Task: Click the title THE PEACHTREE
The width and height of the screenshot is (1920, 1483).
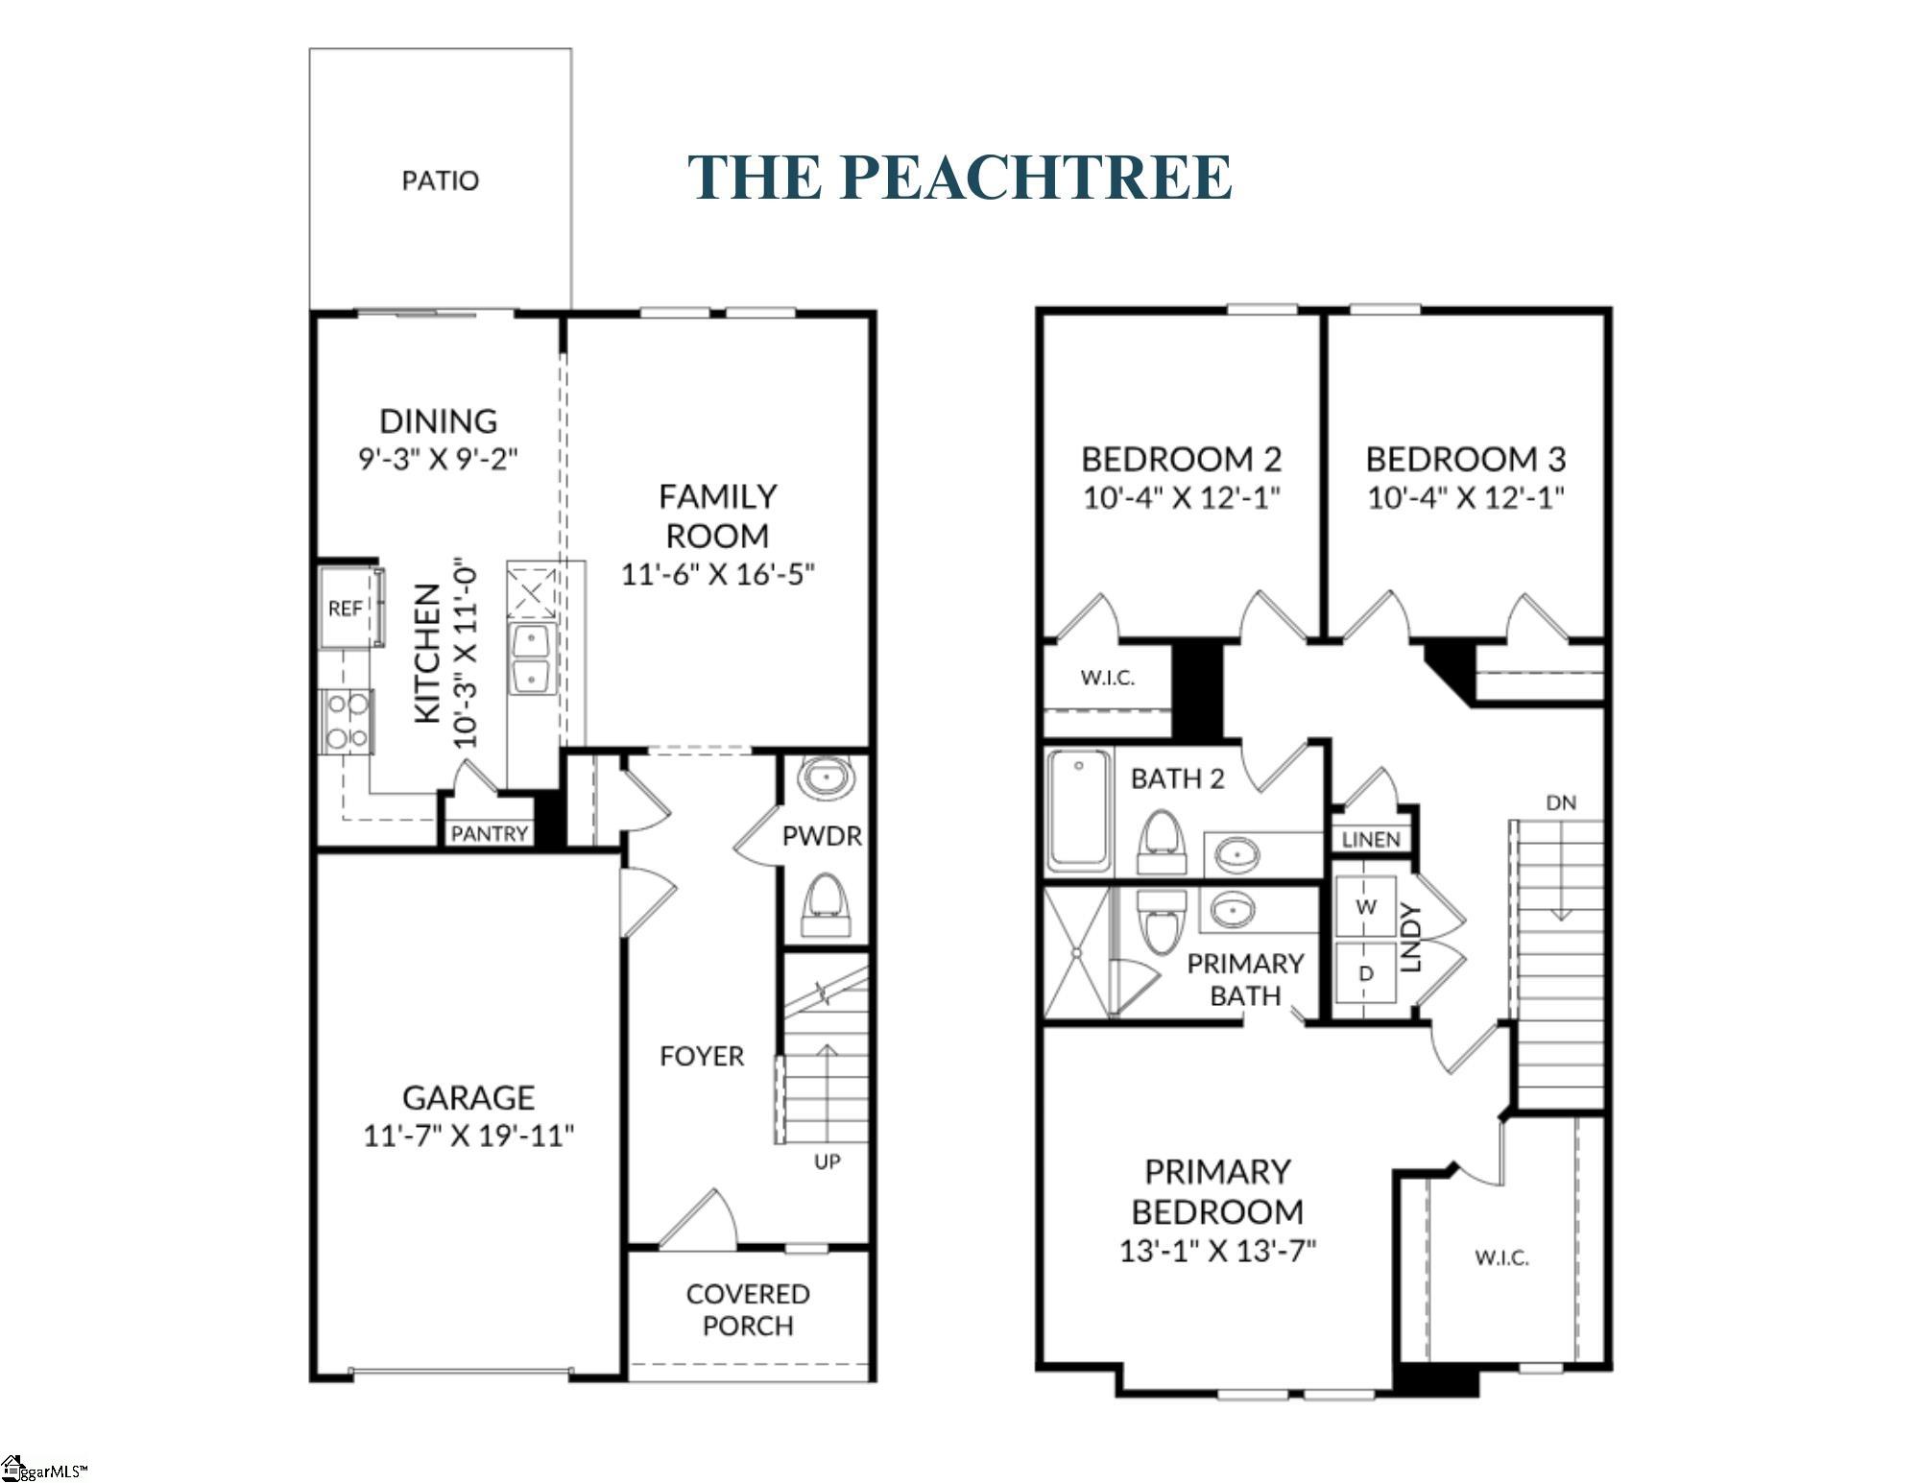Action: point(960,177)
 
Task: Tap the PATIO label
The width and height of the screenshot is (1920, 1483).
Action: point(440,180)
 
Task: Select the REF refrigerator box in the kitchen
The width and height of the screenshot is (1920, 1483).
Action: point(351,608)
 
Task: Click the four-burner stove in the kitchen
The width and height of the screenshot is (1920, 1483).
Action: point(347,722)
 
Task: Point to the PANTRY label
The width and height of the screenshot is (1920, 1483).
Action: point(490,833)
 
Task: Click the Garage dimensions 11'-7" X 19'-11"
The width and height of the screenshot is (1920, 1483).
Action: point(468,1136)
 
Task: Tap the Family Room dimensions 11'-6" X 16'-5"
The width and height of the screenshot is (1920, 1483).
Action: point(718,574)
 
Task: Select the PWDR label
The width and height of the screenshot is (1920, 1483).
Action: point(822,836)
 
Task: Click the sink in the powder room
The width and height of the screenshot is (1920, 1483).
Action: point(827,777)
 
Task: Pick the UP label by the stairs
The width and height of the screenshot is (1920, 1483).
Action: point(828,1161)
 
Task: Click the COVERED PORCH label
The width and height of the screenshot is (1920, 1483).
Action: point(748,1309)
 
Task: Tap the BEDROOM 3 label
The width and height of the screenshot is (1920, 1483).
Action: point(1466,459)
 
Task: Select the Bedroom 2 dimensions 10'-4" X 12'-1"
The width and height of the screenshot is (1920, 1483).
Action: point(1182,497)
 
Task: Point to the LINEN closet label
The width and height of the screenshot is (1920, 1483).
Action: point(1371,840)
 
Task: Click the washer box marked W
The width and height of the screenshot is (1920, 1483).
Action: point(1366,906)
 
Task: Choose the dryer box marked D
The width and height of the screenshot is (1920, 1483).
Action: point(1366,971)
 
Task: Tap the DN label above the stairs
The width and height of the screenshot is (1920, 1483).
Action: point(1561,802)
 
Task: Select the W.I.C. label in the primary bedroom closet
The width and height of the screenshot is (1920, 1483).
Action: point(1501,1257)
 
